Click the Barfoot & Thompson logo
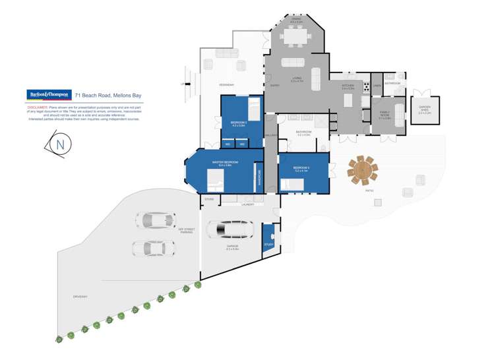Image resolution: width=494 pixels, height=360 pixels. [49, 95]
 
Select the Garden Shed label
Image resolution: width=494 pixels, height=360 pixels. [424, 111]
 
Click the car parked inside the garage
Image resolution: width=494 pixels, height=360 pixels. [230, 229]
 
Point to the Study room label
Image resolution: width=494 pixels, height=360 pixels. [268, 245]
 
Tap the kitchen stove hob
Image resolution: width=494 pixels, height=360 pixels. [366, 85]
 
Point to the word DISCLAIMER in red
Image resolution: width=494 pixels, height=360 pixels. [37, 105]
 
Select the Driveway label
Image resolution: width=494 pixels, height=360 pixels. [80, 297]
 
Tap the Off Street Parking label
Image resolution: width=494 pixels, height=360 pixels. [186, 231]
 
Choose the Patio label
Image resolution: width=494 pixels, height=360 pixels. [369, 191]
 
